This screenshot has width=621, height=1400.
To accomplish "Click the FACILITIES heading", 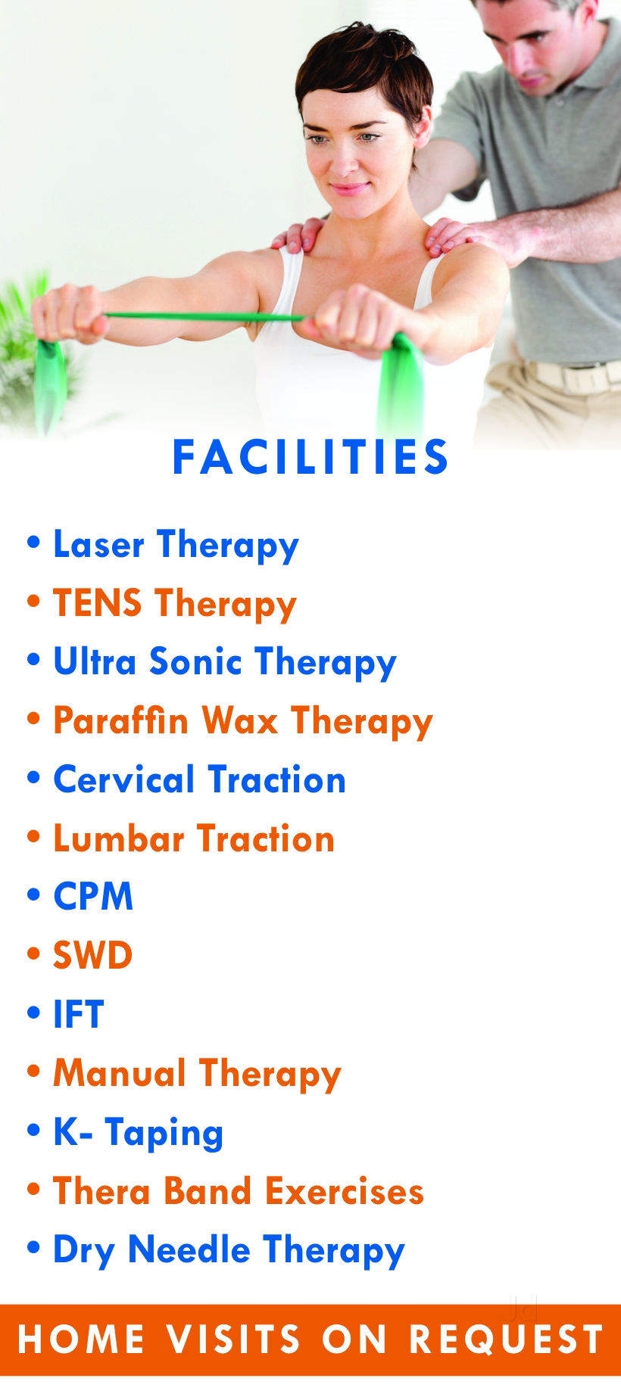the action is click(x=310, y=456).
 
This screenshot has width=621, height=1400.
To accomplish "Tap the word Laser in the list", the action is click(x=97, y=544).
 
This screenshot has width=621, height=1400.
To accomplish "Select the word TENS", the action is click(x=97, y=603).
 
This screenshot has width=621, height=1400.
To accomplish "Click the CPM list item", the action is click(x=92, y=897).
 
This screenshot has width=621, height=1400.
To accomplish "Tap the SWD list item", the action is click(x=92, y=955).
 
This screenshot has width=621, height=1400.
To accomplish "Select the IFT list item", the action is click(x=78, y=1014).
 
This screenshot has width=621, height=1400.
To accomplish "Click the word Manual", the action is click(x=119, y=1073).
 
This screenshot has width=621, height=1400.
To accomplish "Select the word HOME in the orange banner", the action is click(x=81, y=1339).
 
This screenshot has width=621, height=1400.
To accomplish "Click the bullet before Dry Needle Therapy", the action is click(x=33, y=1250).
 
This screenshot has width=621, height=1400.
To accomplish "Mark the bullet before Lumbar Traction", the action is click(x=33, y=839).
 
